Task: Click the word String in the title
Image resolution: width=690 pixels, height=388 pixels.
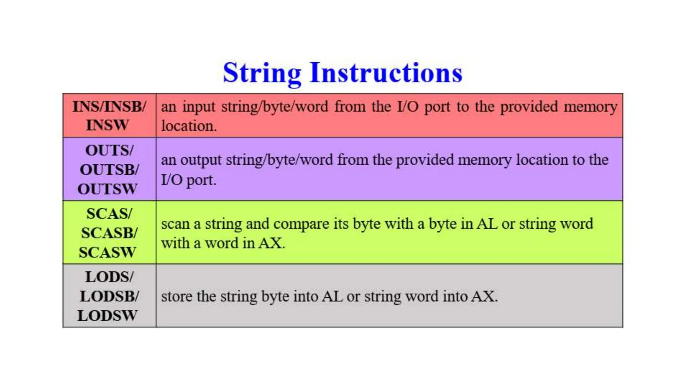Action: tap(262, 73)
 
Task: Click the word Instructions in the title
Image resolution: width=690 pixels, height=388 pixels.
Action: tap(386, 73)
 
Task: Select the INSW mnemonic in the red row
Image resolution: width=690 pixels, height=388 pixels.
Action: tap(107, 125)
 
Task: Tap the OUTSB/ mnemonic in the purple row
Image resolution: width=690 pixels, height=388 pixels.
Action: tap(109, 169)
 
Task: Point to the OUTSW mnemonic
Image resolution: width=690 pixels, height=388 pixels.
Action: tap(108, 189)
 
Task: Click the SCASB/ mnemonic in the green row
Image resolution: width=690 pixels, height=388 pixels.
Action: tap(109, 233)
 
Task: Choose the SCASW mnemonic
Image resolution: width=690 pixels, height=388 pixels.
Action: tap(107, 252)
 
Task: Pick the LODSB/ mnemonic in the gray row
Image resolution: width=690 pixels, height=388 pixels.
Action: tap(109, 296)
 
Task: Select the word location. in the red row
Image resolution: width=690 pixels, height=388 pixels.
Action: tap(189, 126)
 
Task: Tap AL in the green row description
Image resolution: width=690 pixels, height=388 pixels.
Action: tap(487, 224)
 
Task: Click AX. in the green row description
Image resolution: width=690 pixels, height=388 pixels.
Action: tap(272, 243)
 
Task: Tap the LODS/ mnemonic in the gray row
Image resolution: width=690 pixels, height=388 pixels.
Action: tap(109, 277)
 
